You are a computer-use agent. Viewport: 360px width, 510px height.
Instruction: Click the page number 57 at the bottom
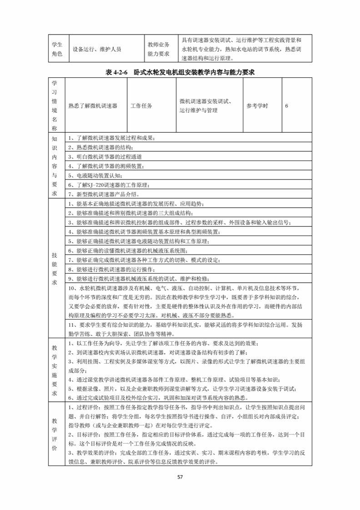[x=180, y=477]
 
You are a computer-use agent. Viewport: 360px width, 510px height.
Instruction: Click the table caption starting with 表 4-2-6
[x=180, y=72]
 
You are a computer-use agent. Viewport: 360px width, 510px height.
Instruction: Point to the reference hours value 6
[x=287, y=105]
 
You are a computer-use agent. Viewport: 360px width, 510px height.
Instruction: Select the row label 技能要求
[x=55, y=269]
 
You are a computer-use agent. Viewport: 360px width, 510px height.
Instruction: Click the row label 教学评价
[x=55, y=434]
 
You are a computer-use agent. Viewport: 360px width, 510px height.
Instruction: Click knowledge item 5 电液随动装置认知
[x=95, y=175]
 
